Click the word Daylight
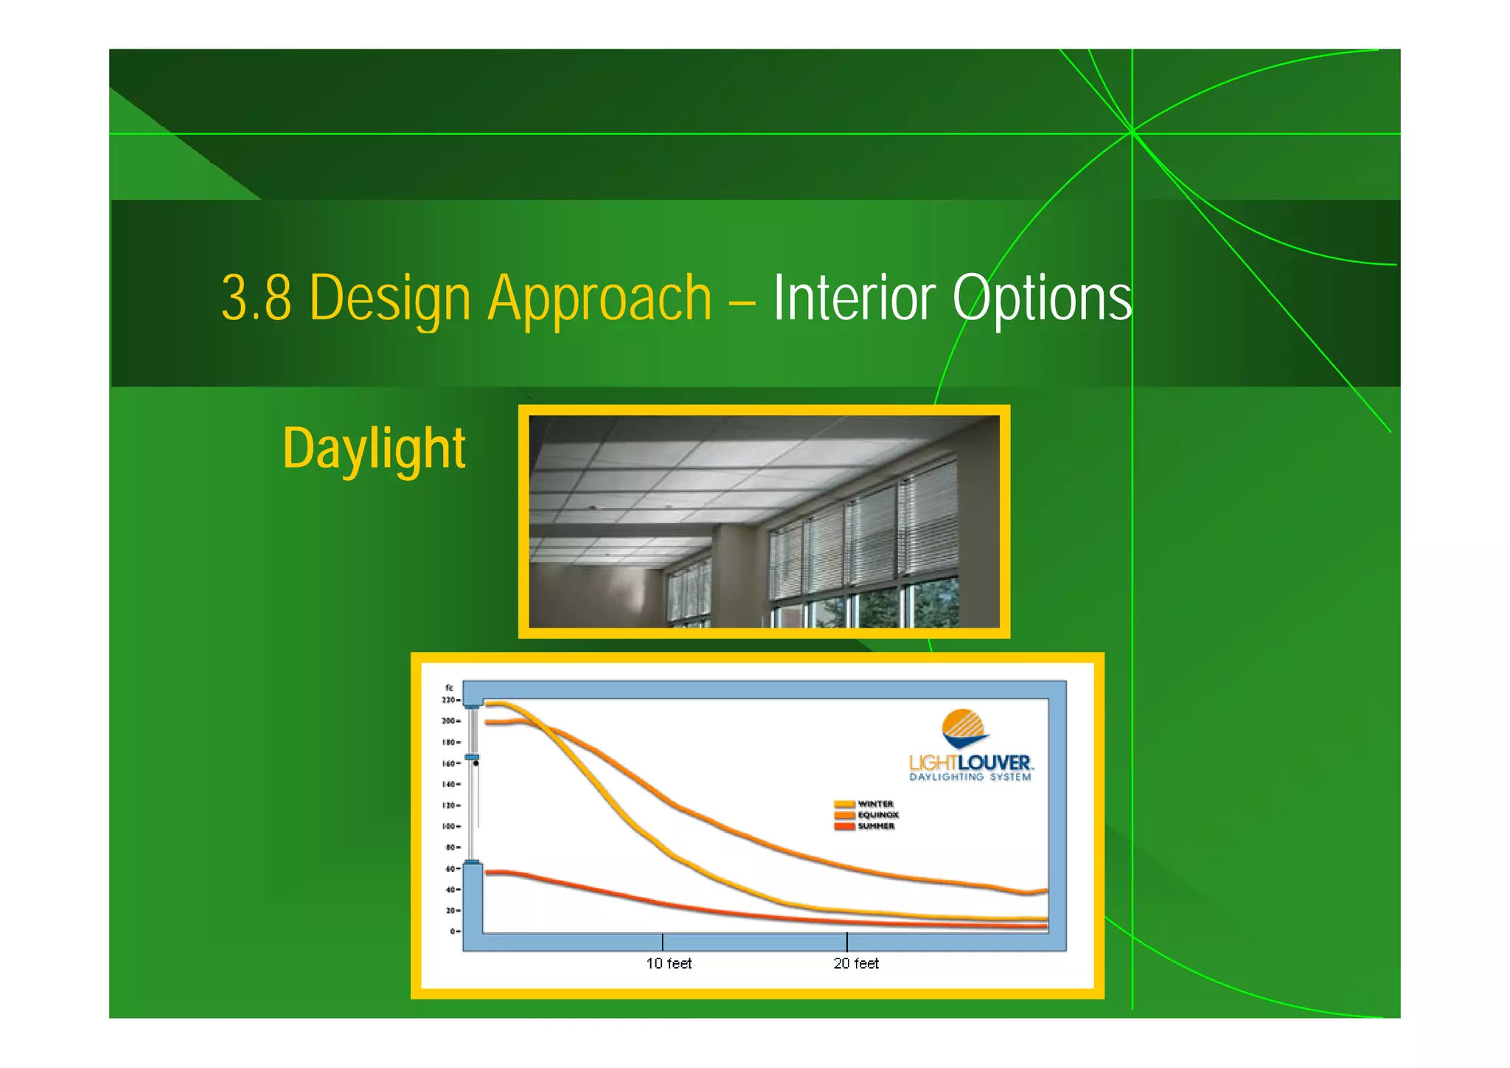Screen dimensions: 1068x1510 [x=374, y=448]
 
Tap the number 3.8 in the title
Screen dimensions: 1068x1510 [x=256, y=298]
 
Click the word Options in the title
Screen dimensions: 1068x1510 [x=1041, y=298]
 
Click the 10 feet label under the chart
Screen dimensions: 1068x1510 [x=669, y=963]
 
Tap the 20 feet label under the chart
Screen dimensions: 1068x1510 [x=856, y=963]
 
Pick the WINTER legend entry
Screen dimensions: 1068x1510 [x=875, y=804]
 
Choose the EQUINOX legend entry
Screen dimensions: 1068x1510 [x=877, y=815]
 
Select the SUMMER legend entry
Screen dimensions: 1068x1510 [x=875, y=826]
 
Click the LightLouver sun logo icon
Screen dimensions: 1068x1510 [x=964, y=729]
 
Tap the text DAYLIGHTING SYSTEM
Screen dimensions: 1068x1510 [x=970, y=777]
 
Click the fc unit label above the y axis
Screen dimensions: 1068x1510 [x=448, y=688]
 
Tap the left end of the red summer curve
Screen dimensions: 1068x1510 [x=488, y=873]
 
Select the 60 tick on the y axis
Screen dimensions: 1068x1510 [x=450, y=869]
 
